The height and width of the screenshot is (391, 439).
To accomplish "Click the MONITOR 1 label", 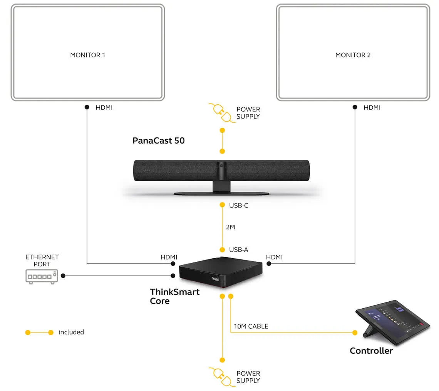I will pyautogui.click(x=87, y=55).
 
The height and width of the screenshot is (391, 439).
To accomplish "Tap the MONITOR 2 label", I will pyautogui.click(x=353, y=55).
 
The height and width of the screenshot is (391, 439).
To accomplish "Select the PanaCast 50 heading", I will pyautogui.click(x=158, y=140).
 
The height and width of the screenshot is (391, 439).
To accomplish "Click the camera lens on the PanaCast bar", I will pyautogui.click(x=221, y=165).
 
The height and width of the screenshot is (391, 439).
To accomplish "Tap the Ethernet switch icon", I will pyautogui.click(x=42, y=276).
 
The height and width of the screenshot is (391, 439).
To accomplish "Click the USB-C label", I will pyautogui.click(x=239, y=206).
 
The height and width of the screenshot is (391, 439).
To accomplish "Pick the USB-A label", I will pyautogui.click(x=239, y=250).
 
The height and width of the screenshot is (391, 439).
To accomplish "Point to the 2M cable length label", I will pyautogui.click(x=230, y=227).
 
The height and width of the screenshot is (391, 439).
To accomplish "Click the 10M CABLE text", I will pyautogui.click(x=251, y=326).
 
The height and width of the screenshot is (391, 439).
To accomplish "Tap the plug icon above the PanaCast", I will pyautogui.click(x=221, y=112).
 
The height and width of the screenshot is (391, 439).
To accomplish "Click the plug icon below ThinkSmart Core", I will pyautogui.click(x=221, y=376).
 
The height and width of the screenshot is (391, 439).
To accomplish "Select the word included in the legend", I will pyautogui.click(x=71, y=332).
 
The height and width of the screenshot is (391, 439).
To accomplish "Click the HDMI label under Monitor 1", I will pyautogui.click(x=104, y=108).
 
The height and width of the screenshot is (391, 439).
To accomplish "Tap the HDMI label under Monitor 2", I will pyautogui.click(x=372, y=108).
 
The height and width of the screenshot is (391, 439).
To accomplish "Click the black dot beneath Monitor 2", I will pyautogui.click(x=355, y=107).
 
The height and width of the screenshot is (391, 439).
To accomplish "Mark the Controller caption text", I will pyautogui.click(x=371, y=351).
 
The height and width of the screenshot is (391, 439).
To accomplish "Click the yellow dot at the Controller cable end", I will pyautogui.click(x=355, y=332).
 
